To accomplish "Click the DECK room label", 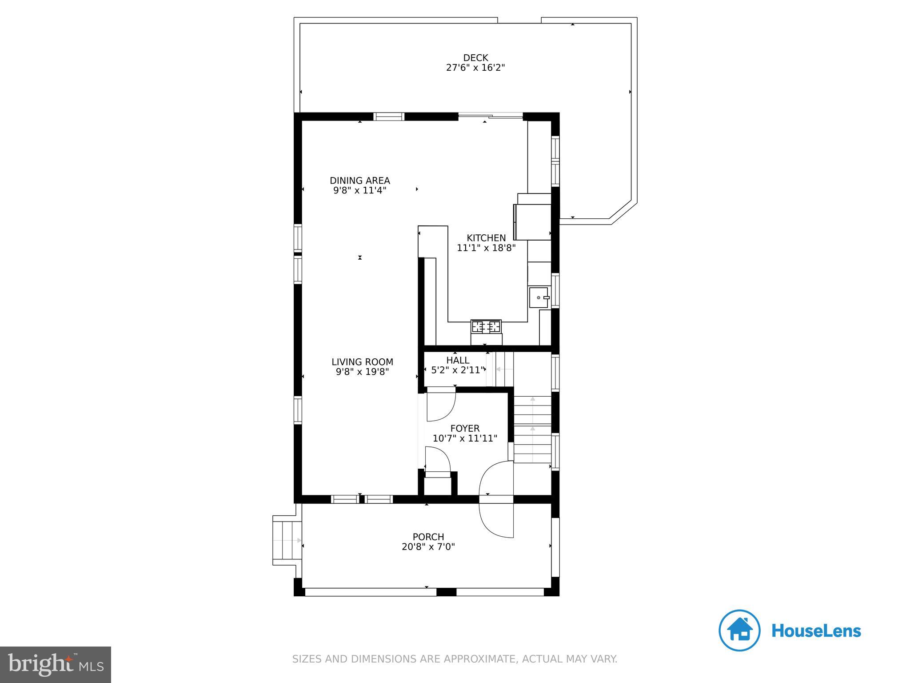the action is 475,58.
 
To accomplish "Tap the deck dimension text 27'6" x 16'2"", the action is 475,68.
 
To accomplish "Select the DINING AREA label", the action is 360,181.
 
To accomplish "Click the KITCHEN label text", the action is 486,238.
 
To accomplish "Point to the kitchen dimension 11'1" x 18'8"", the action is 486,248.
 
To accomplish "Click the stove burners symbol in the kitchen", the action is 486,327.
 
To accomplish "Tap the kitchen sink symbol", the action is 539,297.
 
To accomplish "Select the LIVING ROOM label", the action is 363,362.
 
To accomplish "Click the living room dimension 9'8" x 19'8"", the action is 363,372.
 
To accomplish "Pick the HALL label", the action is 458,360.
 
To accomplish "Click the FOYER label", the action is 465,428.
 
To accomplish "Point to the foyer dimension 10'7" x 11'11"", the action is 465,438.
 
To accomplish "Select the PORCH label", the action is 428,537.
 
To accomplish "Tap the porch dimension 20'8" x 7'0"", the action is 428,546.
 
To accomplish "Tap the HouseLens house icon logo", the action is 739,631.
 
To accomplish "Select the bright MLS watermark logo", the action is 56,664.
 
